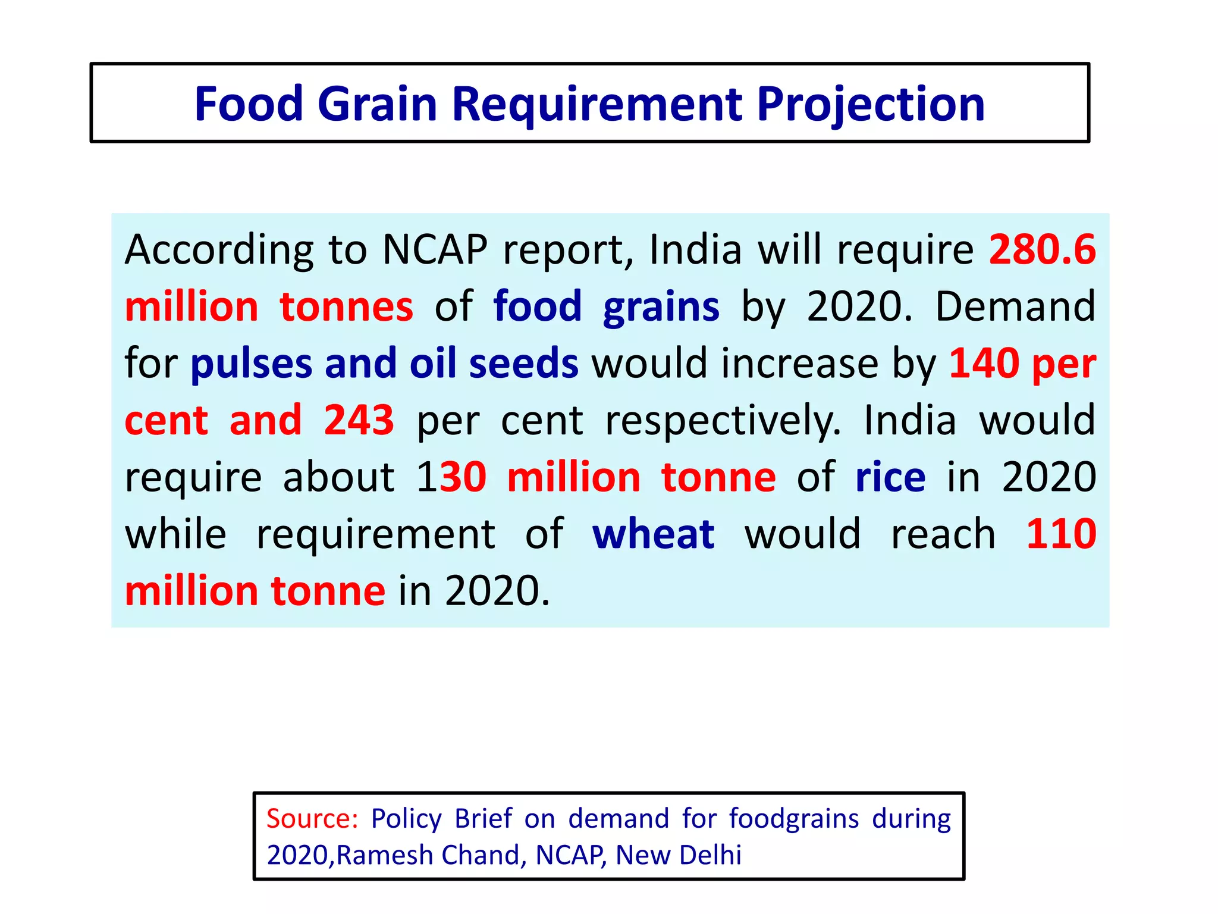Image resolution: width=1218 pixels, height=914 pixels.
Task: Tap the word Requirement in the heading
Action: (x=597, y=104)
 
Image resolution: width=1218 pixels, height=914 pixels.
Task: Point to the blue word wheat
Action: (x=653, y=533)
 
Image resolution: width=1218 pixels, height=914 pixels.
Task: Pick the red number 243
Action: (x=359, y=420)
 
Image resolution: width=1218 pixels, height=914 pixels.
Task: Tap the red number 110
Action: (x=1061, y=533)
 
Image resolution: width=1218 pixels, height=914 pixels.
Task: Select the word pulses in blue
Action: (x=251, y=363)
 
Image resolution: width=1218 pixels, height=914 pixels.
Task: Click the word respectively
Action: (x=723, y=421)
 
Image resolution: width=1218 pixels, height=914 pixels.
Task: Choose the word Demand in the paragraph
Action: (x=1015, y=306)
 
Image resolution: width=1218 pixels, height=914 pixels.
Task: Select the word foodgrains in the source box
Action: (x=794, y=818)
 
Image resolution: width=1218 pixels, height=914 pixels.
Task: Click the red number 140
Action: (x=984, y=363)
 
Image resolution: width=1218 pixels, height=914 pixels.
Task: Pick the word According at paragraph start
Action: (x=219, y=250)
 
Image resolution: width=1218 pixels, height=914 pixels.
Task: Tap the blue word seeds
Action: (x=523, y=363)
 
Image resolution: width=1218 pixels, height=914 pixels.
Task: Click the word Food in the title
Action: (x=249, y=104)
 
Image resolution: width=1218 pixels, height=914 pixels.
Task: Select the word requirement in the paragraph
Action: (x=375, y=534)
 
